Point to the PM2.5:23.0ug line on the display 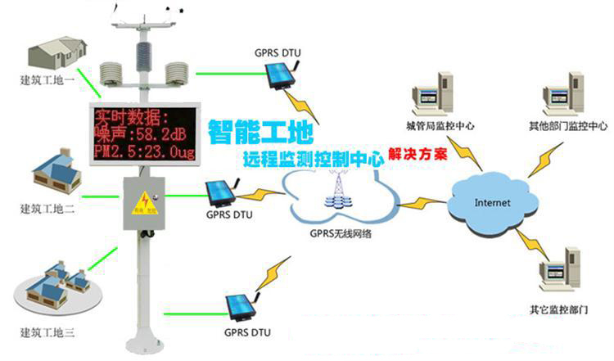point(144,151)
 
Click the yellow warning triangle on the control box point(144,199)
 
